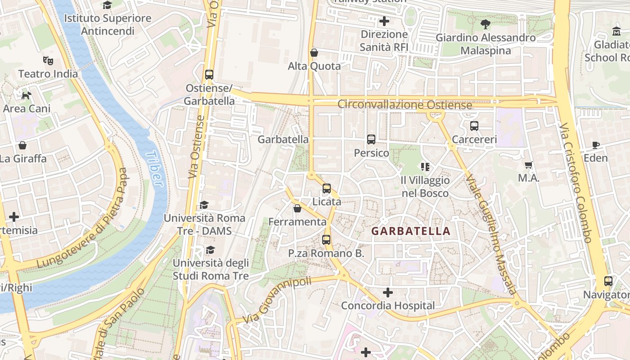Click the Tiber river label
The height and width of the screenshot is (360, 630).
(154, 168)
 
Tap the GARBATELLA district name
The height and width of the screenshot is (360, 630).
(410, 231)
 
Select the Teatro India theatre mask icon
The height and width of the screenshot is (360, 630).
(48, 60)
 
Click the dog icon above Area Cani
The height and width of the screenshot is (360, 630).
(27, 95)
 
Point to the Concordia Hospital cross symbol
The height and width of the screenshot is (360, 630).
(387, 293)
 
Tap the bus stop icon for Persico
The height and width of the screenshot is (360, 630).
(371, 139)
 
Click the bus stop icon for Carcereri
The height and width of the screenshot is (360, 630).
(474, 126)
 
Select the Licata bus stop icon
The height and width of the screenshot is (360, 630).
(327, 189)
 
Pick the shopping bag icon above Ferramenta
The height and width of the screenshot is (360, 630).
(297, 208)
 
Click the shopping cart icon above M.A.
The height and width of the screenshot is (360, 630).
(529, 165)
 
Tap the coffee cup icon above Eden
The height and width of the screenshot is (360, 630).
(596, 145)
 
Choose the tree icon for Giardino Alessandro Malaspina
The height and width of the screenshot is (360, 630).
(485, 24)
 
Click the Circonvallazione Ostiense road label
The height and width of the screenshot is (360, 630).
(405, 105)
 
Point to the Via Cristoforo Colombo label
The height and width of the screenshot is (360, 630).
(576, 182)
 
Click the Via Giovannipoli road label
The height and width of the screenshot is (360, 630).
(277, 300)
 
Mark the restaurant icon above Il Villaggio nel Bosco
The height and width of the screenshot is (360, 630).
(425, 167)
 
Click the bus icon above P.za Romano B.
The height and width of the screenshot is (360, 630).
(326, 240)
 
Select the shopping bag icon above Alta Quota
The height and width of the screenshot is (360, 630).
(314, 53)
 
